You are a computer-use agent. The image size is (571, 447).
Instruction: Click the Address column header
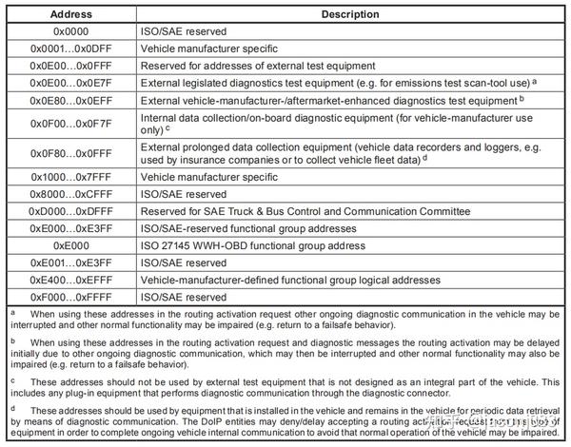70,14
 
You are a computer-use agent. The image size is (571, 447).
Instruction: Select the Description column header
350,14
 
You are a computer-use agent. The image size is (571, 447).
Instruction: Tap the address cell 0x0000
70,31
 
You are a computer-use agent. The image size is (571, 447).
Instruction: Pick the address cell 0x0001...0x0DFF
70,49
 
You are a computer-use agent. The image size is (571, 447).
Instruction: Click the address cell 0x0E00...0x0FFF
70,66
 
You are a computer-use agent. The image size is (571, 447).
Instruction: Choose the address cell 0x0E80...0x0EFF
70,100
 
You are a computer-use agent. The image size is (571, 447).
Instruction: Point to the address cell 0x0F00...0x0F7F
70,123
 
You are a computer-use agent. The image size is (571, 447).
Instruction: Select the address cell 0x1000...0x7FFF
70,176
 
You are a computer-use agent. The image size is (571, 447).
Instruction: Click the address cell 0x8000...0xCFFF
70,193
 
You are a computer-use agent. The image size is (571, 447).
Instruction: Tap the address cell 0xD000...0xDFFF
70,210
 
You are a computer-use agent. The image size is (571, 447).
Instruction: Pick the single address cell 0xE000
70,244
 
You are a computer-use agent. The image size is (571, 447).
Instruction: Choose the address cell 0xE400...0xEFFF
70,279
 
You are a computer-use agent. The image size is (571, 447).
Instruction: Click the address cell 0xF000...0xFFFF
70,296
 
